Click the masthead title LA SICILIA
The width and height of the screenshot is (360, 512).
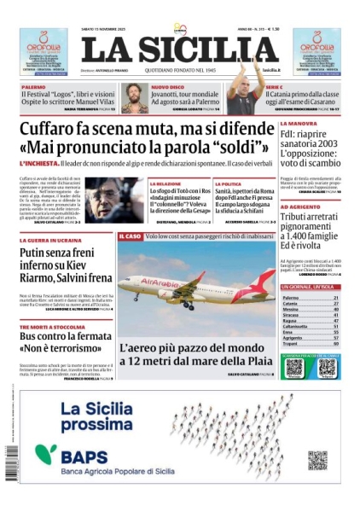pyautogui.click(x=180, y=48)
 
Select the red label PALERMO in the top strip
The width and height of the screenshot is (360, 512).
pyautogui.click(x=34, y=86)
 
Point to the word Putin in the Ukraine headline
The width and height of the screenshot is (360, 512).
pyautogui.click(x=38, y=254)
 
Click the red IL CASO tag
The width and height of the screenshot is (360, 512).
pyautogui.click(x=130, y=236)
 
